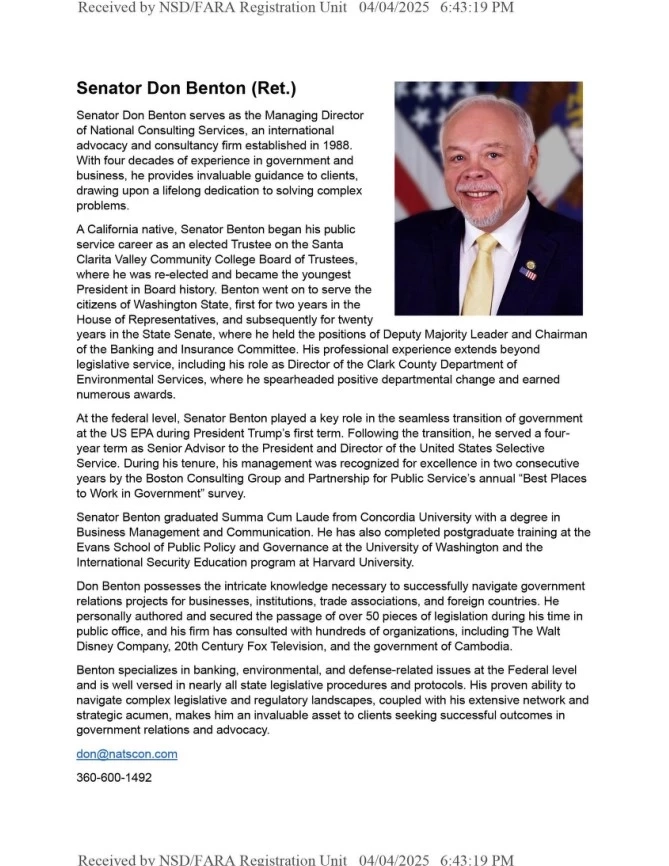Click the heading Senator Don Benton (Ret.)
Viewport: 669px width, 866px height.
[186, 89]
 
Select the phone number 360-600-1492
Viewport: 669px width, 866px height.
[114, 777]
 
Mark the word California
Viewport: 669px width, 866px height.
[117, 229]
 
